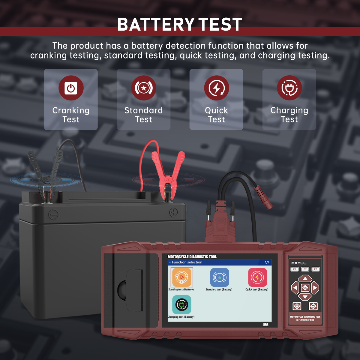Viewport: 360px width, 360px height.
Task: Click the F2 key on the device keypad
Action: (305, 269)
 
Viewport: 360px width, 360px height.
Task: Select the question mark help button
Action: (297, 306)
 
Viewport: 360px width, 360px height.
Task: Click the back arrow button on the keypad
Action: (313, 306)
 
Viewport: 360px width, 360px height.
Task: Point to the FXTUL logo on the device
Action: (298, 263)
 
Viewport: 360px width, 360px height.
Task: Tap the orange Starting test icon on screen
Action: (181, 277)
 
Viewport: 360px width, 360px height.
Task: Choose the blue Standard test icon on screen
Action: (220, 277)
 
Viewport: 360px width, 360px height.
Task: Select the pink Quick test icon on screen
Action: (257, 277)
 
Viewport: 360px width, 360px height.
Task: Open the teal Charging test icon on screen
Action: (181, 304)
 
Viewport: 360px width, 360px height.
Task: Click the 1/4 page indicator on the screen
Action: (267, 262)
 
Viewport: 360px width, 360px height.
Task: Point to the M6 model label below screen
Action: (265, 325)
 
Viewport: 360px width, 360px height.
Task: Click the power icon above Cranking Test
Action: (71, 88)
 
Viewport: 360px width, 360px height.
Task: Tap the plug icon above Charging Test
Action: (289, 88)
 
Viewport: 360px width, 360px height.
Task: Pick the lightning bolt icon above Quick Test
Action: (216, 88)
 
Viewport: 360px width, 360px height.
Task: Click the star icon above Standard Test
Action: (144, 88)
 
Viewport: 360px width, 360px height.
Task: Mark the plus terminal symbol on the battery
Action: (173, 212)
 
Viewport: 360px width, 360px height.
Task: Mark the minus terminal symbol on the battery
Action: (53, 214)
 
